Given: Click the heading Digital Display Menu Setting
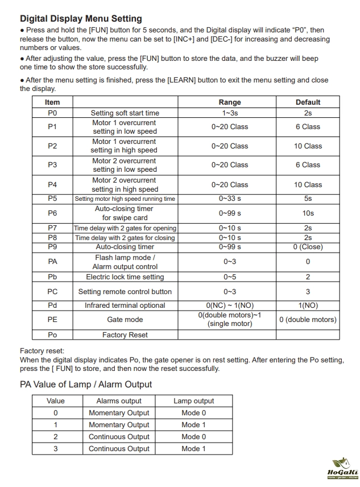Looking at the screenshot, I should (x=81, y=19).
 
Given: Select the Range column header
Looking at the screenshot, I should (x=230, y=102).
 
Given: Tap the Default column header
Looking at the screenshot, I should (x=308, y=102).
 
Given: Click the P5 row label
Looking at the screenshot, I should (x=52, y=199).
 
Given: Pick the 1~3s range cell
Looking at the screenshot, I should (x=230, y=113).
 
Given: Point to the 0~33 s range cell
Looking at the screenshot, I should (x=230, y=199).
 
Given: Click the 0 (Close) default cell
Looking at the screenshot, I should (x=308, y=247).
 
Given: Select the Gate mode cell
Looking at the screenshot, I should (x=125, y=320).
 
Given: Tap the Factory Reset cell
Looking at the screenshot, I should (x=125, y=335).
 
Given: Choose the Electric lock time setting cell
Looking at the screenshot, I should (x=125, y=277).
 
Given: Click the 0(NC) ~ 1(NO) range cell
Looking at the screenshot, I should (x=230, y=306).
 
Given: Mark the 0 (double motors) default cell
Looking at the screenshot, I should (x=308, y=320).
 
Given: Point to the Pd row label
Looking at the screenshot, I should (x=52, y=306).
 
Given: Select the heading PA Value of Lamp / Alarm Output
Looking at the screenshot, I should (x=86, y=385).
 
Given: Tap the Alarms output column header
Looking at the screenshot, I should (x=119, y=401).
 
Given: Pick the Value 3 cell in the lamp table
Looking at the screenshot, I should (x=56, y=449).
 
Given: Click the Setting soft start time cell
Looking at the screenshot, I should (x=125, y=113).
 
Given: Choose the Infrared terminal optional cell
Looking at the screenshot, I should (x=125, y=306).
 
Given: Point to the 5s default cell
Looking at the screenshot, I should (x=308, y=199).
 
